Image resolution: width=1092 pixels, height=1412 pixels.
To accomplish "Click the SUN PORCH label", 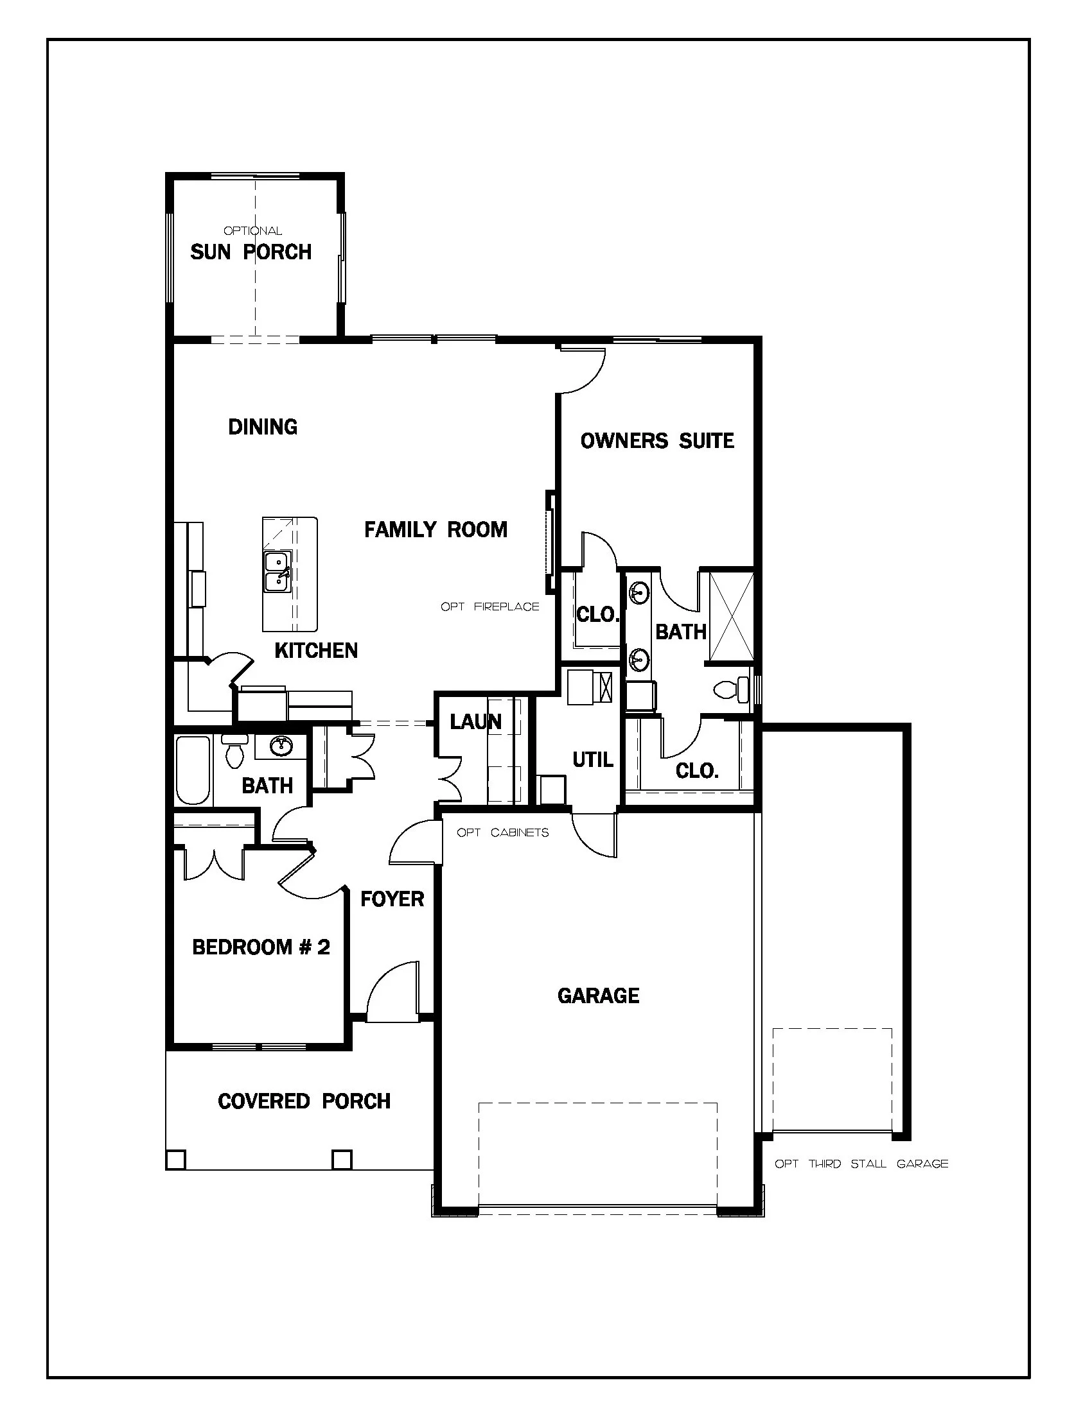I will [251, 252].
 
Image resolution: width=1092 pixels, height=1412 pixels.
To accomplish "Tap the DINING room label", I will [263, 427].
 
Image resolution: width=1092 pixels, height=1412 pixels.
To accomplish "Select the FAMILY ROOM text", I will [436, 530].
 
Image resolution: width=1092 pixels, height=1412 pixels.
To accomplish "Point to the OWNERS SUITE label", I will [657, 441].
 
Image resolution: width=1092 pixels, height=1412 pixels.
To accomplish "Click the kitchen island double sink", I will [277, 571].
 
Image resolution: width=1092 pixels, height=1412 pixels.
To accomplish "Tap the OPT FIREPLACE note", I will [489, 607].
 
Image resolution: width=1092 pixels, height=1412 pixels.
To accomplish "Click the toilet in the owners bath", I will [731, 689].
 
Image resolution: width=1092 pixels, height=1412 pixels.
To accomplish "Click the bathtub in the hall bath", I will [193, 770].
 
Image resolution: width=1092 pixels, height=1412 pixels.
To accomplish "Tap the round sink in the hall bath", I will [281, 746].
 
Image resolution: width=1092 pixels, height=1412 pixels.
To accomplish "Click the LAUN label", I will [475, 721].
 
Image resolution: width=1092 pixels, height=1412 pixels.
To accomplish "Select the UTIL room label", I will [593, 760].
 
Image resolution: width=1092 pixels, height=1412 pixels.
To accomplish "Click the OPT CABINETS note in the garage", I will [503, 832].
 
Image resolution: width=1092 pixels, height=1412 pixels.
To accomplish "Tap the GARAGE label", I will [599, 995].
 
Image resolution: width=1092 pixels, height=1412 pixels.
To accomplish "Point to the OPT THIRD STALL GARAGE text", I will [861, 1164].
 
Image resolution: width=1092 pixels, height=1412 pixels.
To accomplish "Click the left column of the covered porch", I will [176, 1160].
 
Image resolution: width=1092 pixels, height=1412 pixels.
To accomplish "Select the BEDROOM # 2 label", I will [261, 947].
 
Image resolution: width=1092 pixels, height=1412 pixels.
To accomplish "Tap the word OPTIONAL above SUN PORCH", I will [252, 231].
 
